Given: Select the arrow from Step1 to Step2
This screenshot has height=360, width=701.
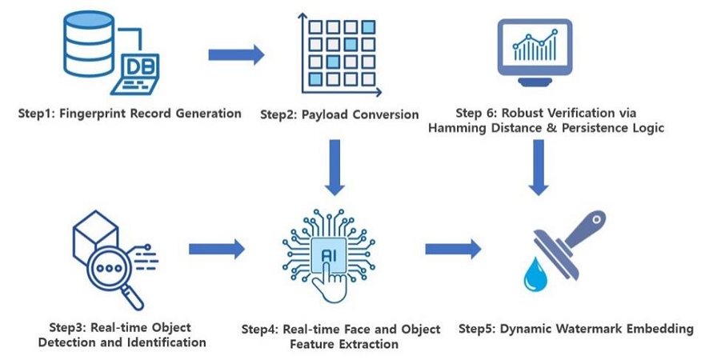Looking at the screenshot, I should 236,54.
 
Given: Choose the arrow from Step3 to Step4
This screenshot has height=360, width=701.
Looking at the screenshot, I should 217,249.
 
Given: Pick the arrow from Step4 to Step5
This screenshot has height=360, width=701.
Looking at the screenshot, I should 453,249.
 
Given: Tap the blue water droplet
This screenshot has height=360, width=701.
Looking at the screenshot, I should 534,274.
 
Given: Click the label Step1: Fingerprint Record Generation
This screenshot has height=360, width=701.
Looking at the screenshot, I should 130,113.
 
